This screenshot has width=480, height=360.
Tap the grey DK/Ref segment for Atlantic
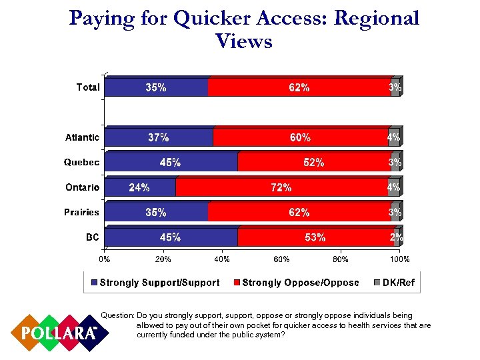point(393,137)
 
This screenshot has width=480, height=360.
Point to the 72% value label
point(281,187)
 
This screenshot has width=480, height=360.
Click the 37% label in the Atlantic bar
point(158,137)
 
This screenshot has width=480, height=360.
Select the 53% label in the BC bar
point(315,237)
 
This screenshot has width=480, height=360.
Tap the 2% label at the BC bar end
point(396,237)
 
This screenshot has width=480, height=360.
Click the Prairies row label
point(81,212)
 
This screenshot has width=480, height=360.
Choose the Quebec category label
point(81,162)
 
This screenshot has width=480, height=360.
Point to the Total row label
point(88,87)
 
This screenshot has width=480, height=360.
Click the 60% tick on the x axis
point(282,259)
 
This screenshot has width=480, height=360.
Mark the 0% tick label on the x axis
point(105,259)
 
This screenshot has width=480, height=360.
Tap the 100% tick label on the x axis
point(399,259)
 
